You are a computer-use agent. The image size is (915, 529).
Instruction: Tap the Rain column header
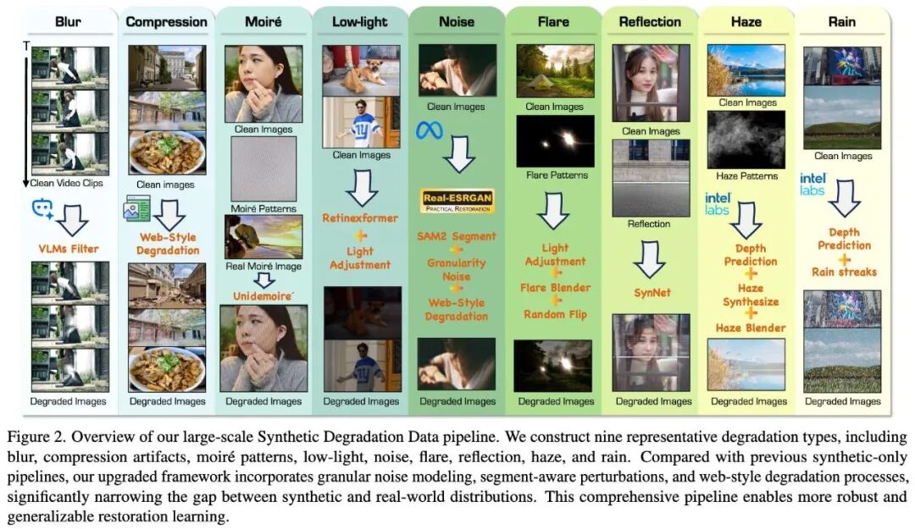coord(841,22)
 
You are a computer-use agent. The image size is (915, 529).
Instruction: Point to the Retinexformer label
coord(360,218)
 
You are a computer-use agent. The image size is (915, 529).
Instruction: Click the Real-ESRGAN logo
coord(457,201)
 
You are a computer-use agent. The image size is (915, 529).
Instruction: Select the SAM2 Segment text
coord(457,236)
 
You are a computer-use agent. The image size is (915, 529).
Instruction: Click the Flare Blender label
coord(555,288)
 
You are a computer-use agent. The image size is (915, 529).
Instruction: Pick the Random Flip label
coord(555,314)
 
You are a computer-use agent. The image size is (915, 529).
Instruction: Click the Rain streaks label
coord(843,272)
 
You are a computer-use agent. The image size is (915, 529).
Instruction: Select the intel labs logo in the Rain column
coord(812,184)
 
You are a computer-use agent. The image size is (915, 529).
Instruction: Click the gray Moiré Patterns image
coord(263,168)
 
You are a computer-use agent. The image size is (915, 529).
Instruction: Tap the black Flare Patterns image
coord(556,141)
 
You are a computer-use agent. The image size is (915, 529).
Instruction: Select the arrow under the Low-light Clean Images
coord(362,188)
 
